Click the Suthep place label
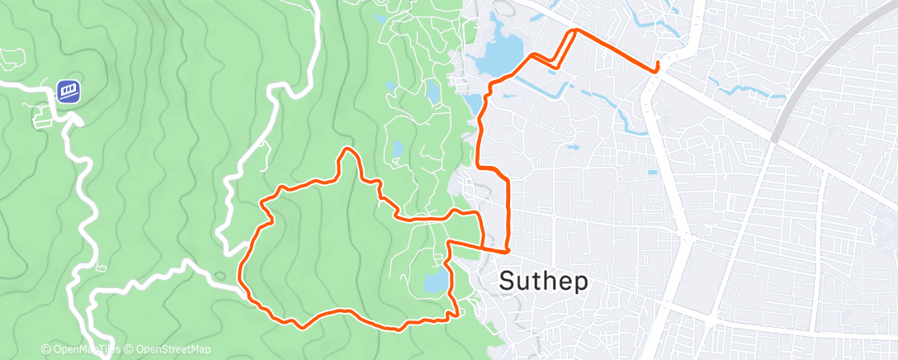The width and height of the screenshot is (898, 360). point(545,282)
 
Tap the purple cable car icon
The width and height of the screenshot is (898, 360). point(69,90)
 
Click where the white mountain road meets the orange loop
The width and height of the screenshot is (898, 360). point(243,288)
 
